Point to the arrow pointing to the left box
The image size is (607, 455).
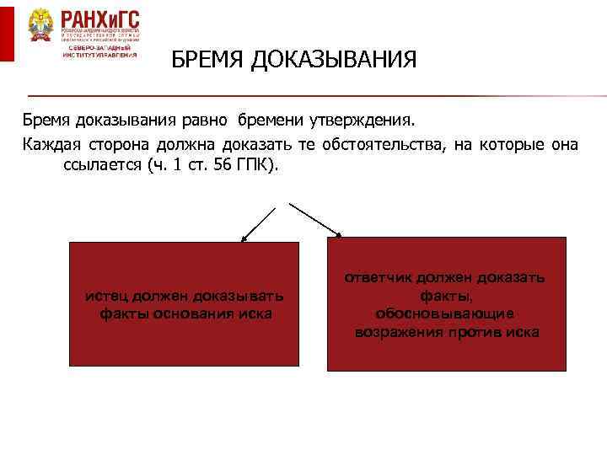point(258,223)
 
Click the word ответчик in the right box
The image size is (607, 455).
point(376,278)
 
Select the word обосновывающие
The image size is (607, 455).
point(446,313)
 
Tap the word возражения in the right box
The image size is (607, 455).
point(395,332)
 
